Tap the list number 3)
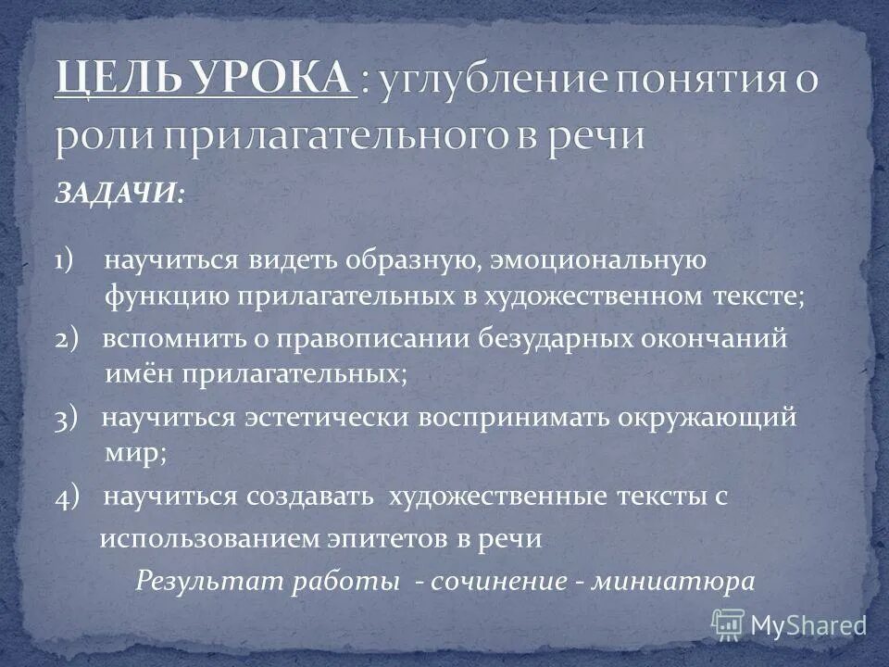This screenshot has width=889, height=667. click(x=72, y=419)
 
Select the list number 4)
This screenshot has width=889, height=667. click(x=72, y=497)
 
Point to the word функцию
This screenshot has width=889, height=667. click(x=164, y=298)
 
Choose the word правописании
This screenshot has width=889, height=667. click(x=373, y=339)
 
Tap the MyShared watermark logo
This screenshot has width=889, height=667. click(x=789, y=624)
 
